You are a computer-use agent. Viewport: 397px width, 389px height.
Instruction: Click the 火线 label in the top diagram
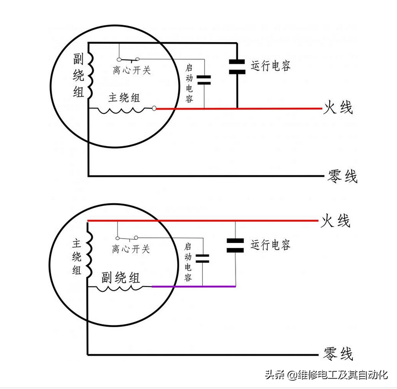[x=338, y=108]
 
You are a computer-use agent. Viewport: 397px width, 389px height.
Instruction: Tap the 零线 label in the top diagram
[x=342, y=176]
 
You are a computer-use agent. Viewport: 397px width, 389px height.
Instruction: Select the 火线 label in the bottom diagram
[x=335, y=221]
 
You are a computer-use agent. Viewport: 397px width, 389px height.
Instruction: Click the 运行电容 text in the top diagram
[x=270, y=66]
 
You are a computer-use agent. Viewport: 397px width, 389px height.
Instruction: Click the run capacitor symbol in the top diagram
[x=237, y=67]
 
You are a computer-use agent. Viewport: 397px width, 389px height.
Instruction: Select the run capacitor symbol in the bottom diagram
[x=235, y=245]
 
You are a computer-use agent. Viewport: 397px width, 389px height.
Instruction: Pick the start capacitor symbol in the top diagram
[x=204, y=80]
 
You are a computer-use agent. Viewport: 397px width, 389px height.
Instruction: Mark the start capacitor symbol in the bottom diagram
[x=202, y=258]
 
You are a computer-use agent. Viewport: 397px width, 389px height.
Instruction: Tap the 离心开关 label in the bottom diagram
[x=131, y=249]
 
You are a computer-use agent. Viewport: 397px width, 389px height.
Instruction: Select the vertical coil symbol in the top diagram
[x=90, y=75]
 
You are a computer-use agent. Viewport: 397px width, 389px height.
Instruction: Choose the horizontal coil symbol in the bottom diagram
[x=119, y=287]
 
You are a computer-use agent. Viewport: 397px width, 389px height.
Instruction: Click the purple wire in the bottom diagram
[x=193, y=287]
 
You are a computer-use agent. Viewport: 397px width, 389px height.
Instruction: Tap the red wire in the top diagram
[x=240, y=108]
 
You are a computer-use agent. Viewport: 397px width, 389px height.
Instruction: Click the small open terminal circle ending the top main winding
[x=155, y=108]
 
